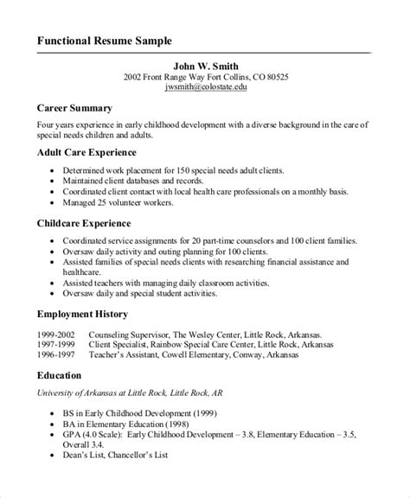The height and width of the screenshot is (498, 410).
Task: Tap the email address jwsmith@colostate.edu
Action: pos(205,87)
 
